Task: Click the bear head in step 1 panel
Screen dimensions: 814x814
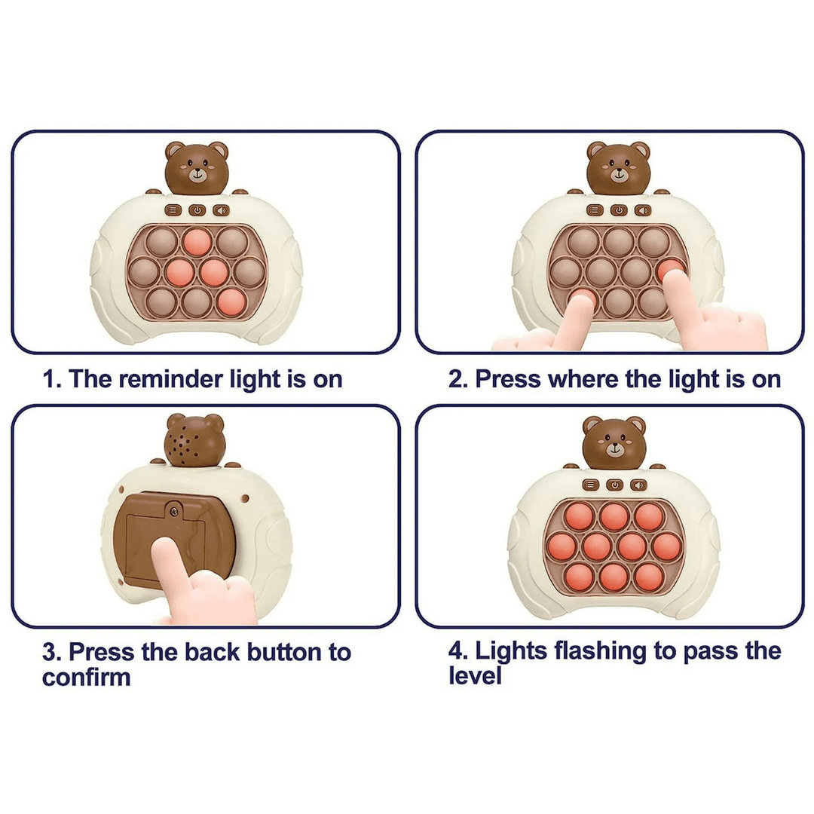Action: [197, 166]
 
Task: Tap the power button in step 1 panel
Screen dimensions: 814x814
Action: [197, 212]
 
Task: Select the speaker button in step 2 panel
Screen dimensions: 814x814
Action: [642, 211]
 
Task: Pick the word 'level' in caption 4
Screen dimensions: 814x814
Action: [475, 676]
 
